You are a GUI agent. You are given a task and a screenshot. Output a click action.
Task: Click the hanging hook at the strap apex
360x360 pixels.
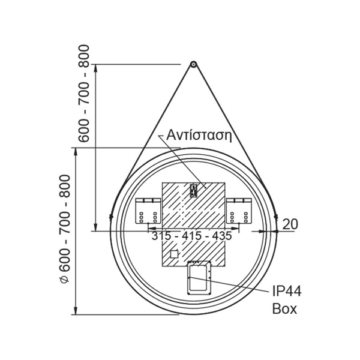(193, 64)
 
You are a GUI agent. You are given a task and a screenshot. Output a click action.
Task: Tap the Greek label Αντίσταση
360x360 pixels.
(199, 135)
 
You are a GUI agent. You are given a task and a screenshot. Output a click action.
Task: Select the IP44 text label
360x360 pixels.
(287, 291)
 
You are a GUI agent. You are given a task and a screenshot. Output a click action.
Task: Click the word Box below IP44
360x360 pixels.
(284, 308)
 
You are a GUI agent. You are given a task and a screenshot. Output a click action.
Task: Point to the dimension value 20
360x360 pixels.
(290, 224)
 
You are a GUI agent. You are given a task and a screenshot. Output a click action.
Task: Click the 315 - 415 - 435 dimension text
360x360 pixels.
(192, 236)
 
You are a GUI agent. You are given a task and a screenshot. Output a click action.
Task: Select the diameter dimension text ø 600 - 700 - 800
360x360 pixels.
(65, 229)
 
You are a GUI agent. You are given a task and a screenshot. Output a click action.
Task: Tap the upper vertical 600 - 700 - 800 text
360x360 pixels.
(83, 94)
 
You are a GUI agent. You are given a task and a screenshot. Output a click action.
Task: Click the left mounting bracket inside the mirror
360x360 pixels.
(148, 211)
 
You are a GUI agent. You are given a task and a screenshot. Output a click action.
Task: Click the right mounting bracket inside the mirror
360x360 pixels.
(239, 211)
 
